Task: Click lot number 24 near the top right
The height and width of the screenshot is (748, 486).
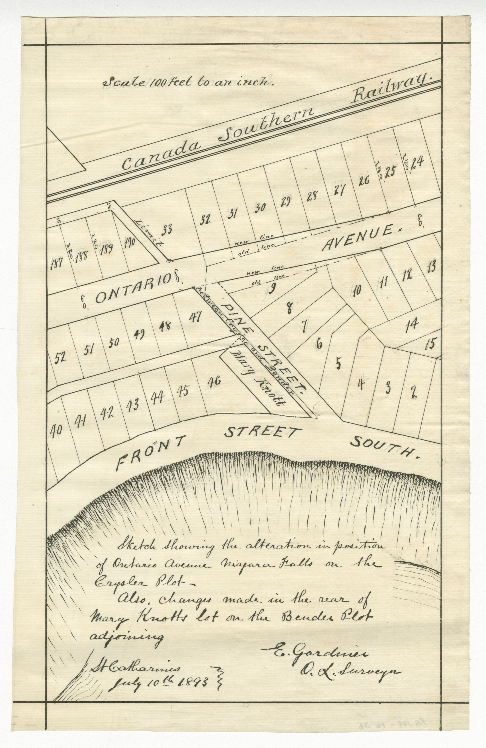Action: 417,163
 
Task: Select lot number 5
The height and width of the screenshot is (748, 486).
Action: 338,364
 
